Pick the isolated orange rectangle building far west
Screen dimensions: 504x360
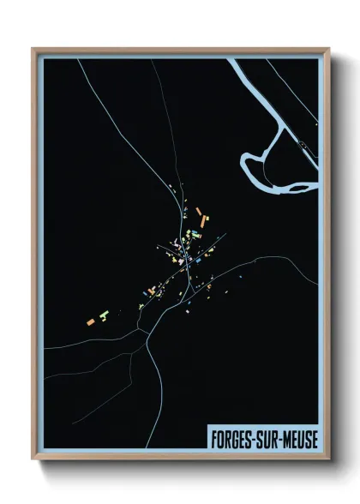click(90, 321)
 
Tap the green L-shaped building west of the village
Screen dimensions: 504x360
click(105, 315)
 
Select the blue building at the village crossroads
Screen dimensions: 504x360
click(196, 258)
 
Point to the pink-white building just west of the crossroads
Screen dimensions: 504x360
click(178, 250)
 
